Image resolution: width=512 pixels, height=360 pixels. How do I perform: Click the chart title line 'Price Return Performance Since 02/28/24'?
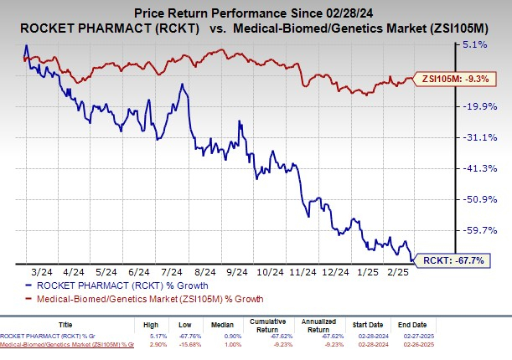(x=256, y=10)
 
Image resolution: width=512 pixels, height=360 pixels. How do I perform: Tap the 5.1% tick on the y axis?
(x=473, y=44)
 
